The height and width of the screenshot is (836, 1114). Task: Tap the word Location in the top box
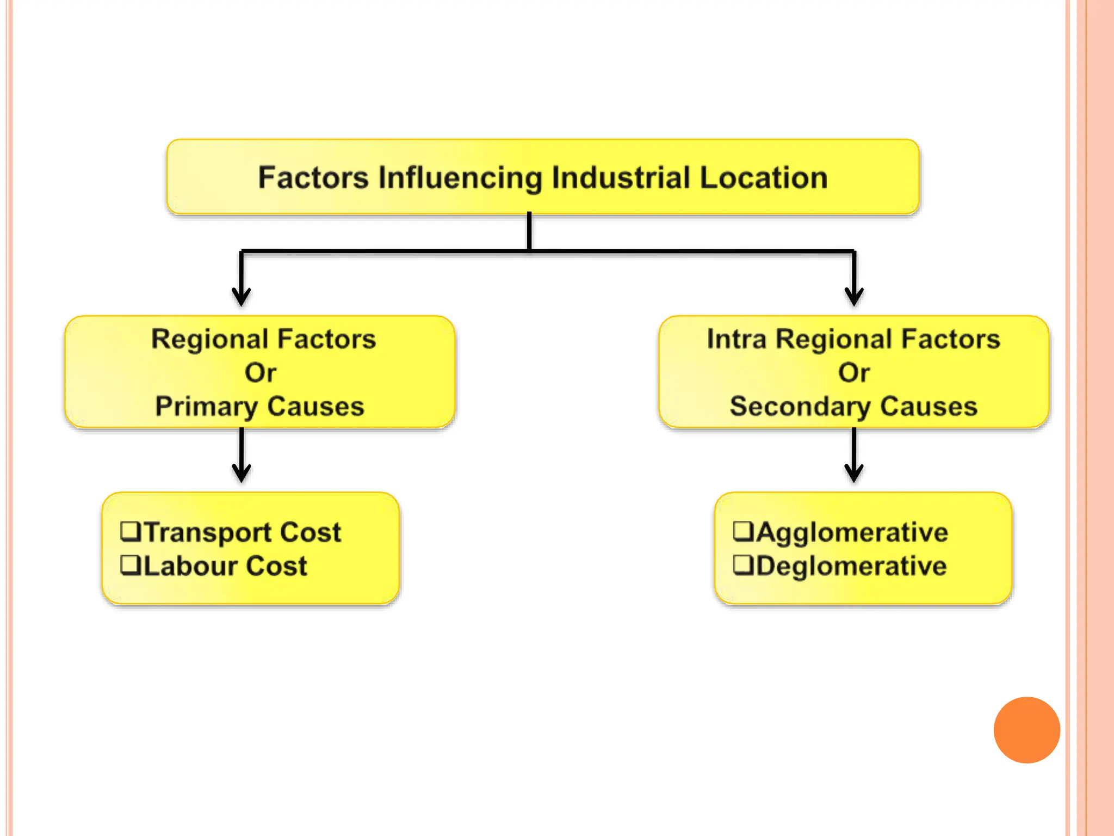coord(764,178)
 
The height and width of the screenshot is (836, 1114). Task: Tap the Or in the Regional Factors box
coord(260,373)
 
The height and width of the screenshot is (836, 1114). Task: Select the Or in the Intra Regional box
coord(853,373)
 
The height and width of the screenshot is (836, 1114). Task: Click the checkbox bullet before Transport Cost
coord(131,531)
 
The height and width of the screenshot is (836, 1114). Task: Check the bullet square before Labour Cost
coord(131,564)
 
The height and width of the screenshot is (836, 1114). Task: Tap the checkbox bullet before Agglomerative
coord(743,531)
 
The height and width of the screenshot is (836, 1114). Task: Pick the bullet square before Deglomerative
coord(743,564)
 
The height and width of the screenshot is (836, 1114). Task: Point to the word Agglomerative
coord(852,532)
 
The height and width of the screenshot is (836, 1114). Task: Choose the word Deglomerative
coord(851,566)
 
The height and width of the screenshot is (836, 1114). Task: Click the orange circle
coord(1026,730)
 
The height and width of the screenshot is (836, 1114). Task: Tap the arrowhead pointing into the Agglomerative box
coord(854,474)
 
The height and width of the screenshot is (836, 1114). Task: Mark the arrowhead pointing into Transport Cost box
coord(242,474)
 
